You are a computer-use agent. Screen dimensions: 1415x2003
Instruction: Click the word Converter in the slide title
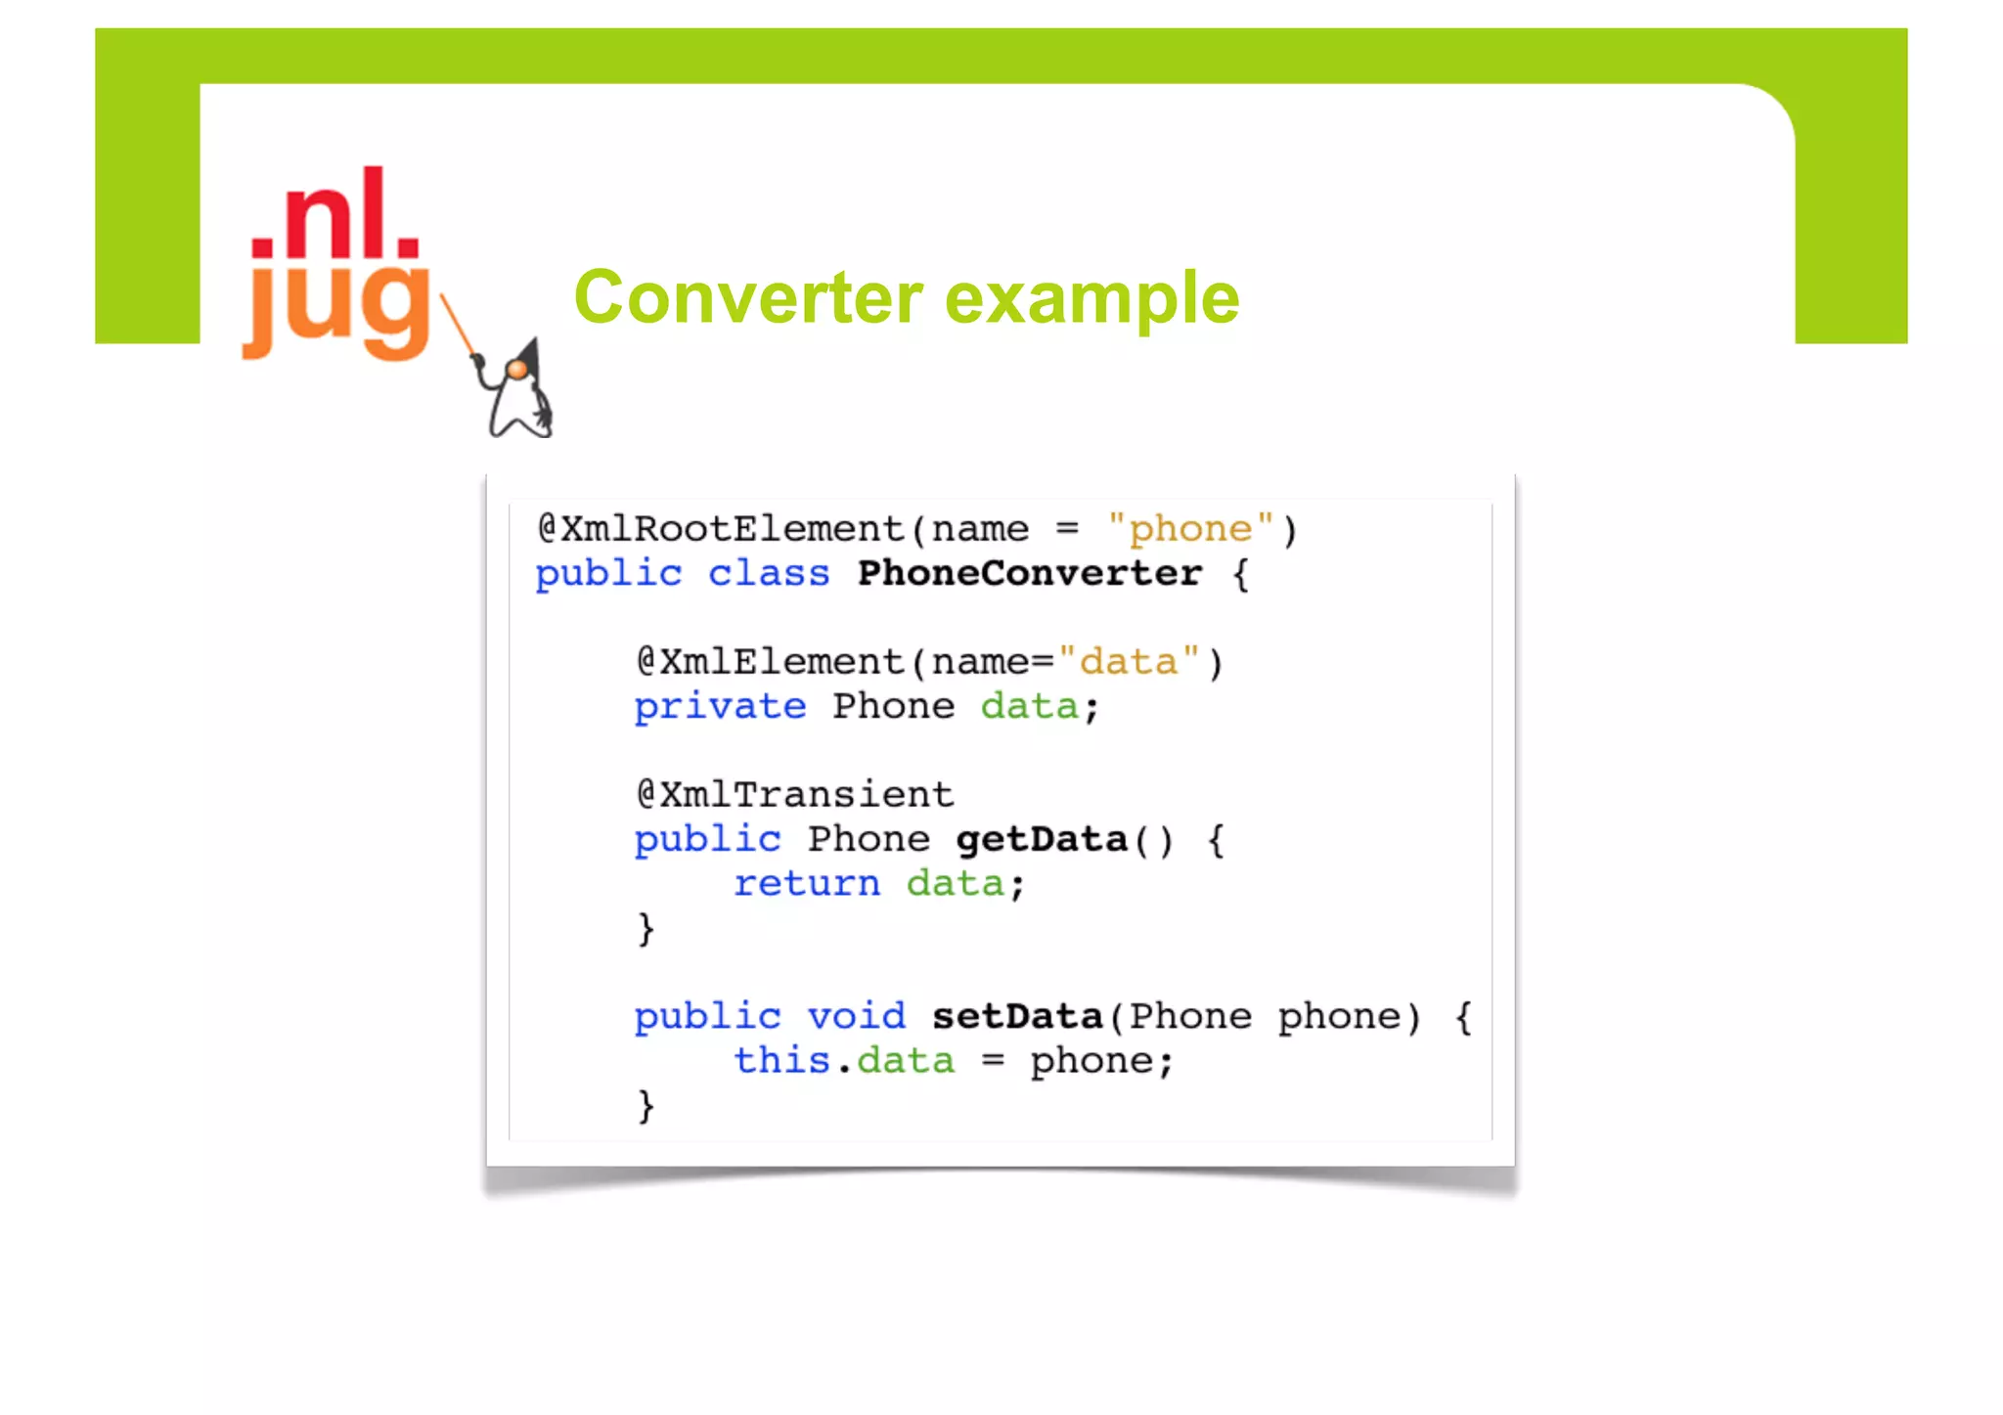tap(748, 297)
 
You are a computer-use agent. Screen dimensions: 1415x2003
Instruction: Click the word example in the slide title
tap(1092, 299)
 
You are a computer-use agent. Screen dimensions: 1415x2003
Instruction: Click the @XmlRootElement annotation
tap(721, 529)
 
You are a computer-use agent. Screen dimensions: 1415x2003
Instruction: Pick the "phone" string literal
tap(1190, 529)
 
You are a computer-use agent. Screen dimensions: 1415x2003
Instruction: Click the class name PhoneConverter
tap(1029, 573)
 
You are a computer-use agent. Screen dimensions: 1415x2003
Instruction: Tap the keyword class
tap(769, 573)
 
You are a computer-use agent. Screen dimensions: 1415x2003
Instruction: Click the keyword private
tap(720, 706)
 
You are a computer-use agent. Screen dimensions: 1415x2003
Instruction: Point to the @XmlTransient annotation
tap(794, 794)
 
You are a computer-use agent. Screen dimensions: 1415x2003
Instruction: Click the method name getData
tap(1041, 839)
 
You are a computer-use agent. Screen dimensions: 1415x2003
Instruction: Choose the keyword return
tap(807, 883)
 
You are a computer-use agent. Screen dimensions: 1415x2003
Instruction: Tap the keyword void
tap(857, 1016)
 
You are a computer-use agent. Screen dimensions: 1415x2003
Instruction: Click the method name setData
tap(1017, 1016)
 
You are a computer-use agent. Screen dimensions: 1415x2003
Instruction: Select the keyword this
tap(781, 1060)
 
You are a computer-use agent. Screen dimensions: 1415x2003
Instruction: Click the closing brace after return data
tap(645, 928)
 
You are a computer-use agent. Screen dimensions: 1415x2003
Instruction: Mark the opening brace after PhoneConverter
tap(1240, 574)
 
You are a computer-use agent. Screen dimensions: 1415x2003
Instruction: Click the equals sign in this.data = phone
tap(993, 1061)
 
